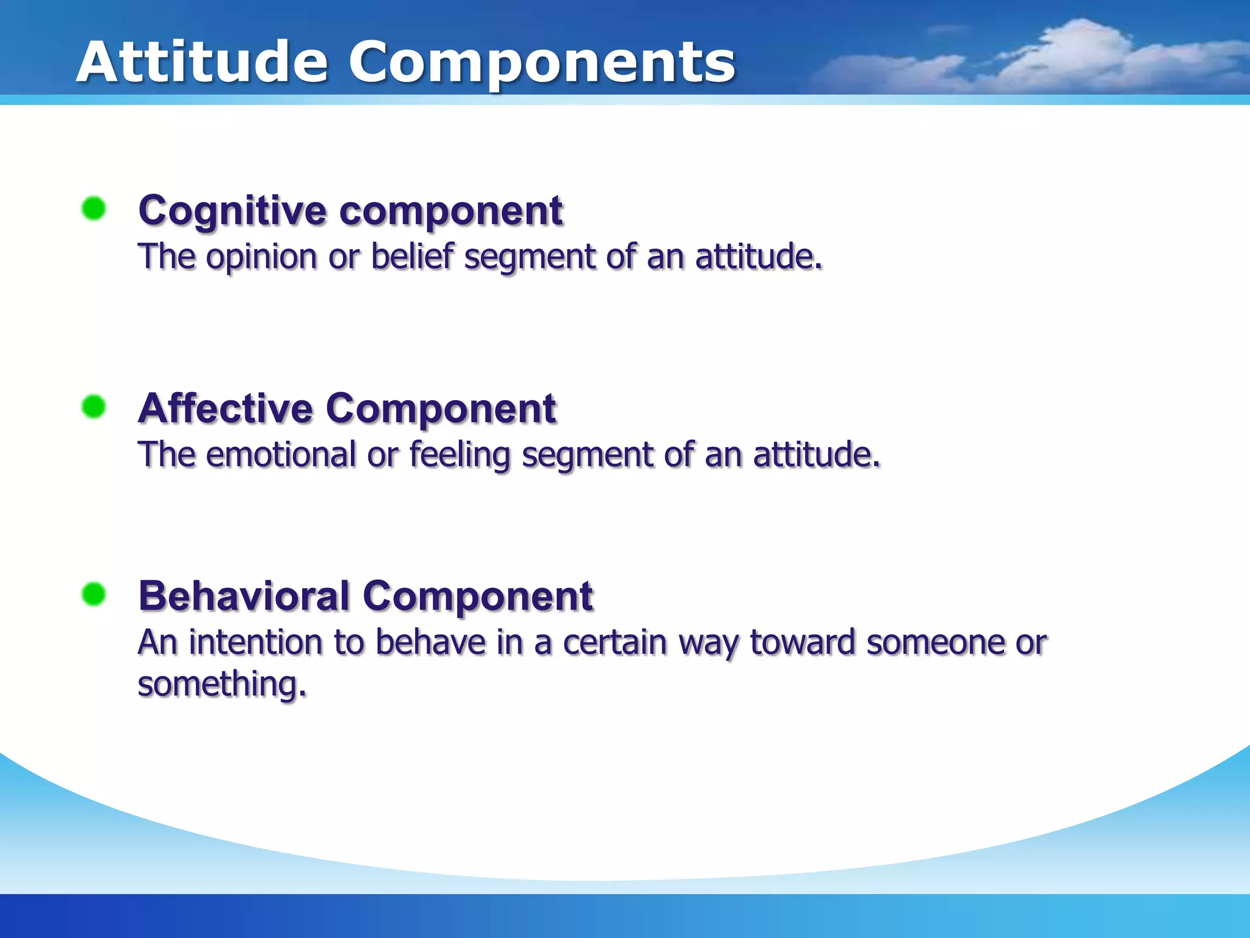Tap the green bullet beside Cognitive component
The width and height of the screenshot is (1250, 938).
coord(94,209)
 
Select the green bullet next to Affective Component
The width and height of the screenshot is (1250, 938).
coord(94,407)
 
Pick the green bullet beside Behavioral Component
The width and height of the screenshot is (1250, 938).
coord(94,594)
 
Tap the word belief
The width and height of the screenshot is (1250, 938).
coord(413,256)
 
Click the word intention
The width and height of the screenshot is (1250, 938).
coord(255,643)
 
